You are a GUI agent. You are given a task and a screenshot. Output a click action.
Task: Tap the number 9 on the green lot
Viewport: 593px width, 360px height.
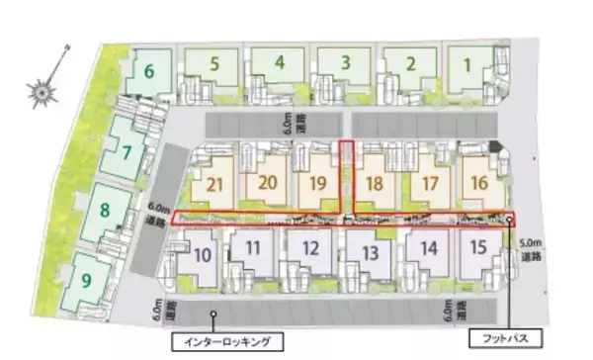(x=87, y=281)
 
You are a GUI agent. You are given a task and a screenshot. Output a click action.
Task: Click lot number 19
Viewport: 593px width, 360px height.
(x=317, y=183)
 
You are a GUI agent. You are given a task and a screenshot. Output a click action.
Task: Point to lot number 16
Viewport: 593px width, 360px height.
(x=479, y=183)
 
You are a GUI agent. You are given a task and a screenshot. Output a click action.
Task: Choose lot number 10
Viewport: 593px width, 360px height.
(x=202, y=253)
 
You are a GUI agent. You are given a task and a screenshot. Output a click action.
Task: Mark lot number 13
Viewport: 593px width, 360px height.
(x=370, y=253)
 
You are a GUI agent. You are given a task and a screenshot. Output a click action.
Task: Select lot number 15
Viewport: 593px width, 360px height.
(x=478, y=248)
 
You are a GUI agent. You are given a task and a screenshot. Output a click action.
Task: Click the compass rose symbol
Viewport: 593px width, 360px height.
(x=44, y=92)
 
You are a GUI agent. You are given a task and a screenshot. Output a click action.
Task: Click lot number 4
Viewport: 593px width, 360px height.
(x=281, y=62)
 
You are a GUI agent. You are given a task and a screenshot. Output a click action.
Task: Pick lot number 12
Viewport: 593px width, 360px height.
(x=310, y=249)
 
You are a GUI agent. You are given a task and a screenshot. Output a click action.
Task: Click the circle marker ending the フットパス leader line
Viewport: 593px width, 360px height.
(x=510, y=221)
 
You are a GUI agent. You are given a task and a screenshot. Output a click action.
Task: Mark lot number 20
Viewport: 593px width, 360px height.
(x=267, y=183)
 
